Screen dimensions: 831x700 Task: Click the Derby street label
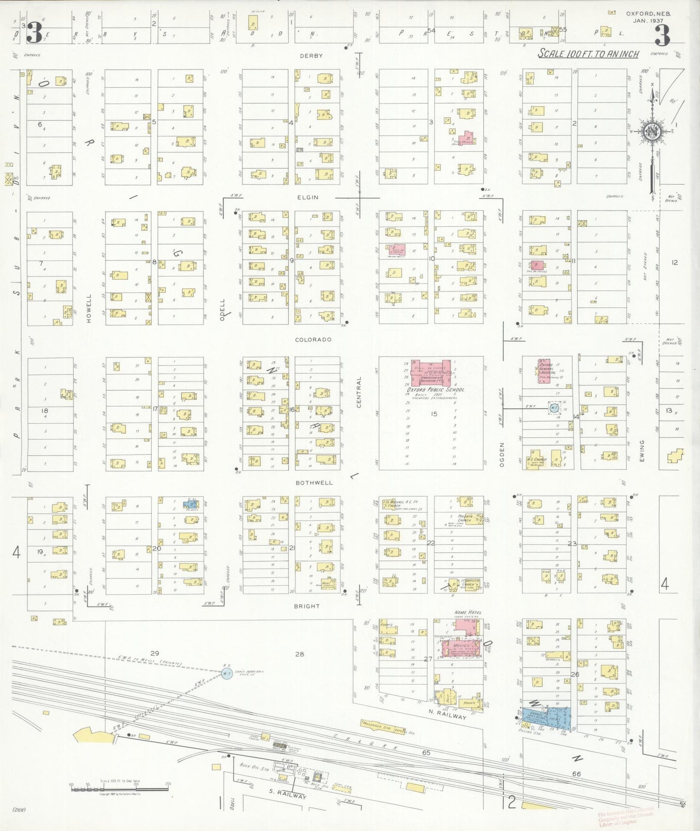coord(311,56)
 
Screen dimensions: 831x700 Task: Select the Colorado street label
coord(313,339)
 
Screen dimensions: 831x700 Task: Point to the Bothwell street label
coord(314,483)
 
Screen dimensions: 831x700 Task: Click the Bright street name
coord(307,606)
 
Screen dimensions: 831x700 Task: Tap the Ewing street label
coord(642,450)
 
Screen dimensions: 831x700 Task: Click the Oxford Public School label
coord(436,389)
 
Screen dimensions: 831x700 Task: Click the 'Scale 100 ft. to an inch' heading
coord(588,54)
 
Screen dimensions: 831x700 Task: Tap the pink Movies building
coord(458,649)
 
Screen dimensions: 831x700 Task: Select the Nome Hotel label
coord(467,613)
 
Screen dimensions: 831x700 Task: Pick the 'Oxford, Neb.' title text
coord(648,14)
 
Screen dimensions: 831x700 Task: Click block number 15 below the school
coord(434,414)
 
